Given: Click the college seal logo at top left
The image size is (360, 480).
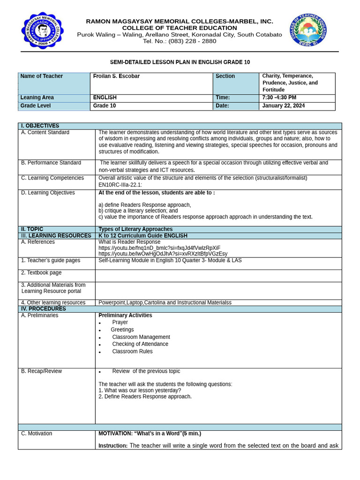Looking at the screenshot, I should tap(43, 30).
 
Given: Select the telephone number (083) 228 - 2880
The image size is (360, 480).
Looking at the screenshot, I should tap(193, 41).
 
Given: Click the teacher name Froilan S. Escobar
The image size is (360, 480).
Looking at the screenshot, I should tap(116, 76).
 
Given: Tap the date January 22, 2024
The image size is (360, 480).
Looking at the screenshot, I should tap(283, 106).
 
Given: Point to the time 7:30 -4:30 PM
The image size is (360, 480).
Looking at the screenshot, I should tap(279, 97).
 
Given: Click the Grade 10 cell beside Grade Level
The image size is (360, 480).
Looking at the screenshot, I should tap(105, 106).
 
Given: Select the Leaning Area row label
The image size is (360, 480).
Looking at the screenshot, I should tap(37, 97).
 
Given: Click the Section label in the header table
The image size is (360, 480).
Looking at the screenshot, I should tap(225, 76).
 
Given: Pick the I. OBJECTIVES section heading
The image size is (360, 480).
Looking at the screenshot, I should tap(40, 126).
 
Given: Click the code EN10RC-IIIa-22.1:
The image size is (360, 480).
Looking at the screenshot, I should tap(120, 185).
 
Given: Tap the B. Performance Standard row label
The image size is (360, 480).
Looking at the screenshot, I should tap(51, 163).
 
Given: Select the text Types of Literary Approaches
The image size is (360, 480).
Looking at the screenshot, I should tap(135, 229).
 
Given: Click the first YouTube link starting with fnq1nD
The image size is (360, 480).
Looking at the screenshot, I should tap(159, 248).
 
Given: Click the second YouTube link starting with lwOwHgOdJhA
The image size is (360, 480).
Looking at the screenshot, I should tap(163, 254).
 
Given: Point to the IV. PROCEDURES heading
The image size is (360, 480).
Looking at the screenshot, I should tap(44, 309).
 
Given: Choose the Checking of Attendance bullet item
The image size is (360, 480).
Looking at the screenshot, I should tap(140, 344).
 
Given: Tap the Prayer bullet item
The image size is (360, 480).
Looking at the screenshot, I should tap(120, 322).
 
